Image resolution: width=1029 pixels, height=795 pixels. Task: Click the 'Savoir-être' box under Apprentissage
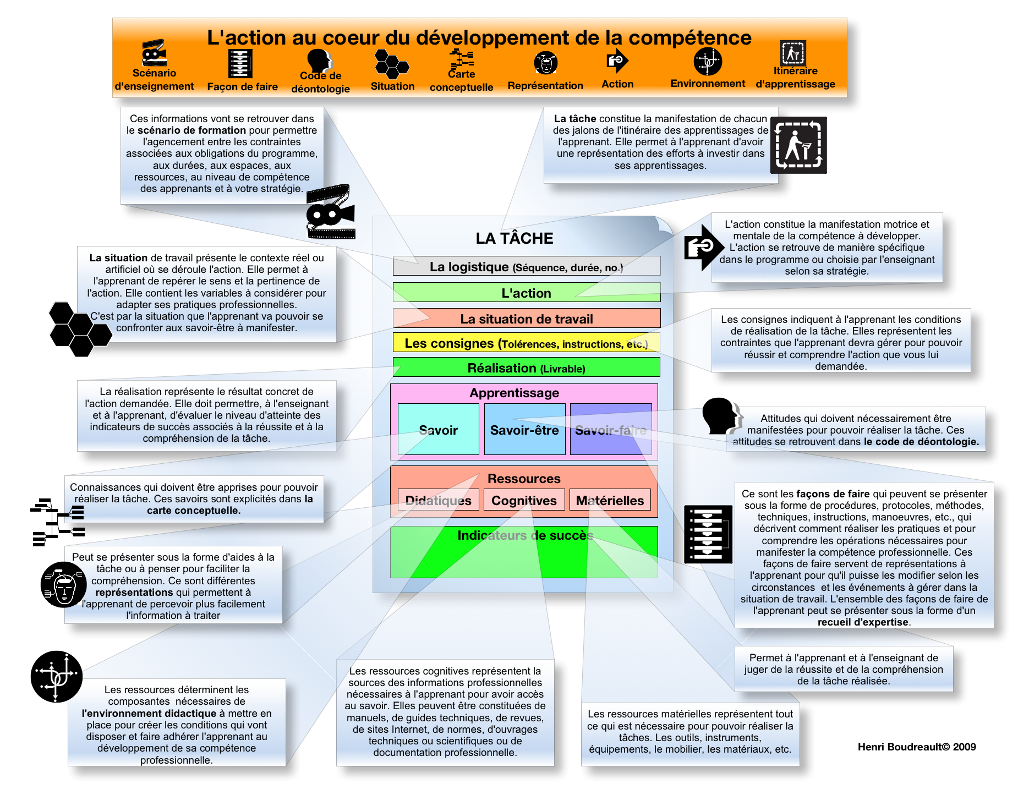pyautogui.click(x=524, y=430)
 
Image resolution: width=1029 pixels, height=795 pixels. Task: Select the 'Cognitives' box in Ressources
pyautogui.click(x=524, y=500)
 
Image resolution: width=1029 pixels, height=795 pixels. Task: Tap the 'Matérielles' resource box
pyautogui.click(x=610, y=500)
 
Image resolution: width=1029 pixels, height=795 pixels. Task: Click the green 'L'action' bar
pyautogui.click(x=526, y=293)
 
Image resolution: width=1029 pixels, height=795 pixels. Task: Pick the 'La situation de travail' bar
pyautogui.click(x=526, y=319)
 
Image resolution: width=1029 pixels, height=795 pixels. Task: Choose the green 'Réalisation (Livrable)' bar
pyautogui.click(x=526, y=368)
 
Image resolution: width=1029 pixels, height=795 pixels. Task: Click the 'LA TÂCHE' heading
pyautogui.click(x=514, y=238)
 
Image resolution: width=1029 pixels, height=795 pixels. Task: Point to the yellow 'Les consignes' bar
pyautogui.click(x=526, y=343)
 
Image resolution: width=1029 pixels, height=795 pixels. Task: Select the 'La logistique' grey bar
pyautogui.click(x=526, y=267)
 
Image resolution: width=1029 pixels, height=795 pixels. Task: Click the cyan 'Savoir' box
pyautogui.click(x=438, y=430)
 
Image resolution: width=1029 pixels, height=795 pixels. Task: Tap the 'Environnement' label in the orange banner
pyautogui.click(x=708, y=84)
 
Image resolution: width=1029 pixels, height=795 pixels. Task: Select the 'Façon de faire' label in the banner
pyautogui.click(x=242, y=86)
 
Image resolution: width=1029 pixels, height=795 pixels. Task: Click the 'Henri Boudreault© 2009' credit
pyautogui.click(x=917, y=747)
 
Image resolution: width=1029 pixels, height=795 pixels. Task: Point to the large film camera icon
pyautogui.click(x=330, y=212)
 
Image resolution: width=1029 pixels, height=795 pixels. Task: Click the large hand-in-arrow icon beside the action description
pyautogui.click(x=700, y=248)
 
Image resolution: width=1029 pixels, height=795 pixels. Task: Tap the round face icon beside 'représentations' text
pyautogui.click(x=64, y=584)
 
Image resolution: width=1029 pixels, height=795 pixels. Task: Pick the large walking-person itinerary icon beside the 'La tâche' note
pyautogui.click(x=798, y=145)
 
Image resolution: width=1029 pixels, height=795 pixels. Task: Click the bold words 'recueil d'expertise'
pyautogui.click(x=863, y=622)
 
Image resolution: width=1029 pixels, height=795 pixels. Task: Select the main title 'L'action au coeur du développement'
pyautogui.click(x=479, y=37)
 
